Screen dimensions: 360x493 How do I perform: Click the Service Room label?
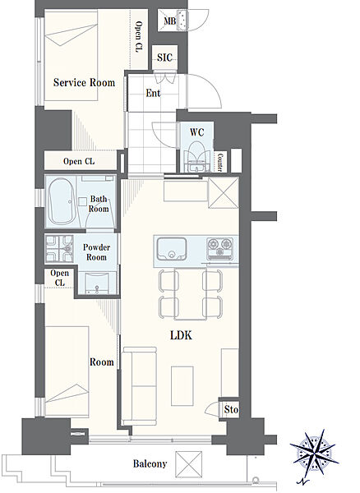84,82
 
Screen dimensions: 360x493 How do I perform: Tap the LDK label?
181,335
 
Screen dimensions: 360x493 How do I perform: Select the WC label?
196,132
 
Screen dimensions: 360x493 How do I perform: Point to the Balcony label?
150,463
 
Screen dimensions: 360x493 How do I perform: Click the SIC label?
164,58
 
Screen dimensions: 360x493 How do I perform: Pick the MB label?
170,21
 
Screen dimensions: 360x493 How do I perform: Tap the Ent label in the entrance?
153,93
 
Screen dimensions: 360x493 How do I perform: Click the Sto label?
231,409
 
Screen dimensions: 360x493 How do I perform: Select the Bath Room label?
99,204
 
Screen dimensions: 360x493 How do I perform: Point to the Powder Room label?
96,252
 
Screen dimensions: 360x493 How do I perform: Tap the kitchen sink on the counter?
172,249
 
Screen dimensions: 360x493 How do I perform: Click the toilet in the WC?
196,155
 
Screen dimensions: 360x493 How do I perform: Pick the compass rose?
314,456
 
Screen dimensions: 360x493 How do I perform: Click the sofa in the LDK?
139,386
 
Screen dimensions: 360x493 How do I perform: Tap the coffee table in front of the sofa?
182,386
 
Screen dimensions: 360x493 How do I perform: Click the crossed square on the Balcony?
189,464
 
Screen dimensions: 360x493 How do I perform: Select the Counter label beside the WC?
220,162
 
